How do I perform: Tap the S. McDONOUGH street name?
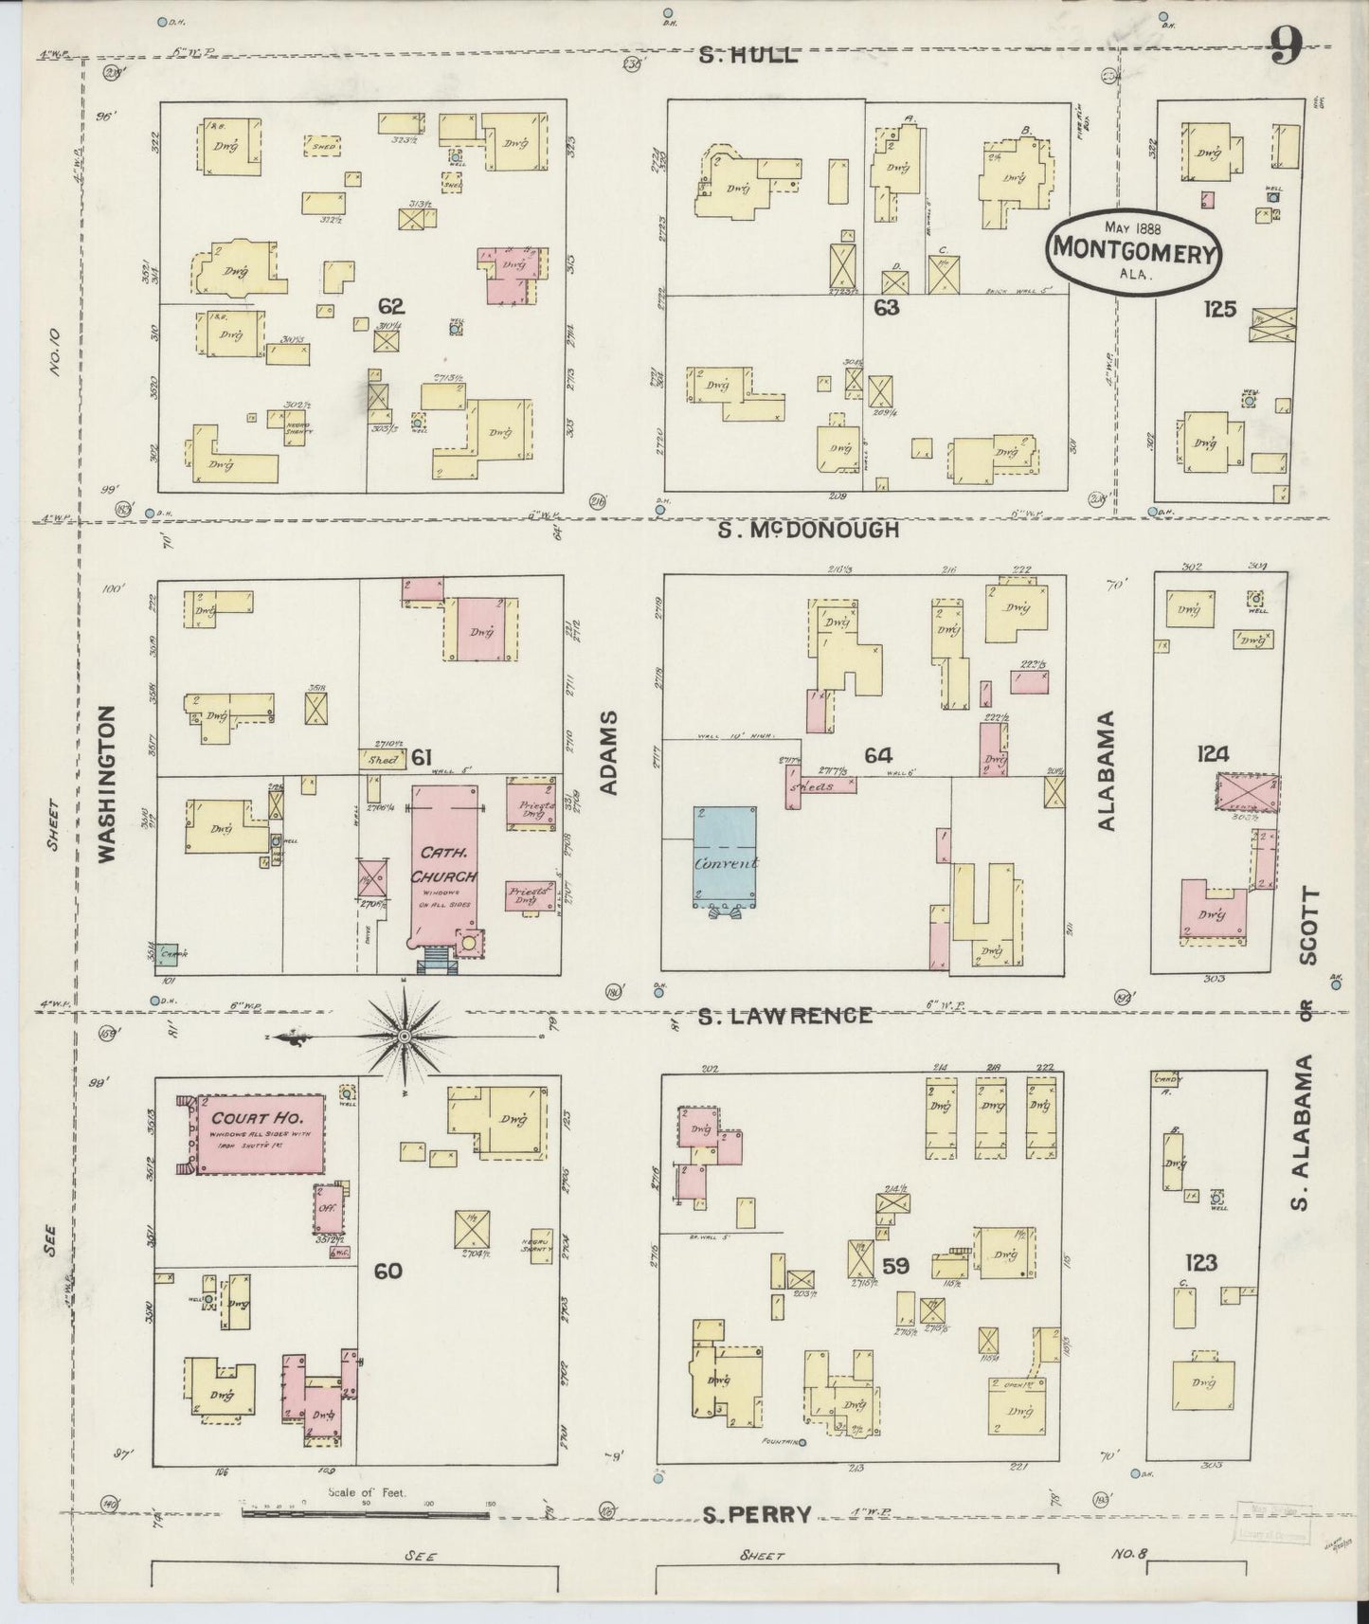pyautogui.click(x=807, y=531)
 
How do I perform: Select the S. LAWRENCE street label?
pyautogui.click(x=784, y=1016)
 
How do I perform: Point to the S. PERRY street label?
pyautogui.click(x=758, y=1515)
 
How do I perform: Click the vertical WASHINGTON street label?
pyautogui.click(x=106, y=783)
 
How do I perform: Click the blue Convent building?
pyautogui.click(x=725, y=857)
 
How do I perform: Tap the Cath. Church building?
pyautogui.click(x=444, y=864)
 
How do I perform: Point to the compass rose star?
pyautogui.click(x=405, y=1039)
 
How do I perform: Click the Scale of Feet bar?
pyautogui.click(x=366, y=1514)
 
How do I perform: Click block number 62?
pyautogui.click(x=390, y=306)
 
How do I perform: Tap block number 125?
pyautogui.click(x=1218, y=308)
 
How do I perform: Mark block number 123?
pyautogui.click(x=1199, y=1262)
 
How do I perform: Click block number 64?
pyautogui.click(x=877, y=755)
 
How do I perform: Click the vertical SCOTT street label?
pyautogui.click(x=1309, y=926)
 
